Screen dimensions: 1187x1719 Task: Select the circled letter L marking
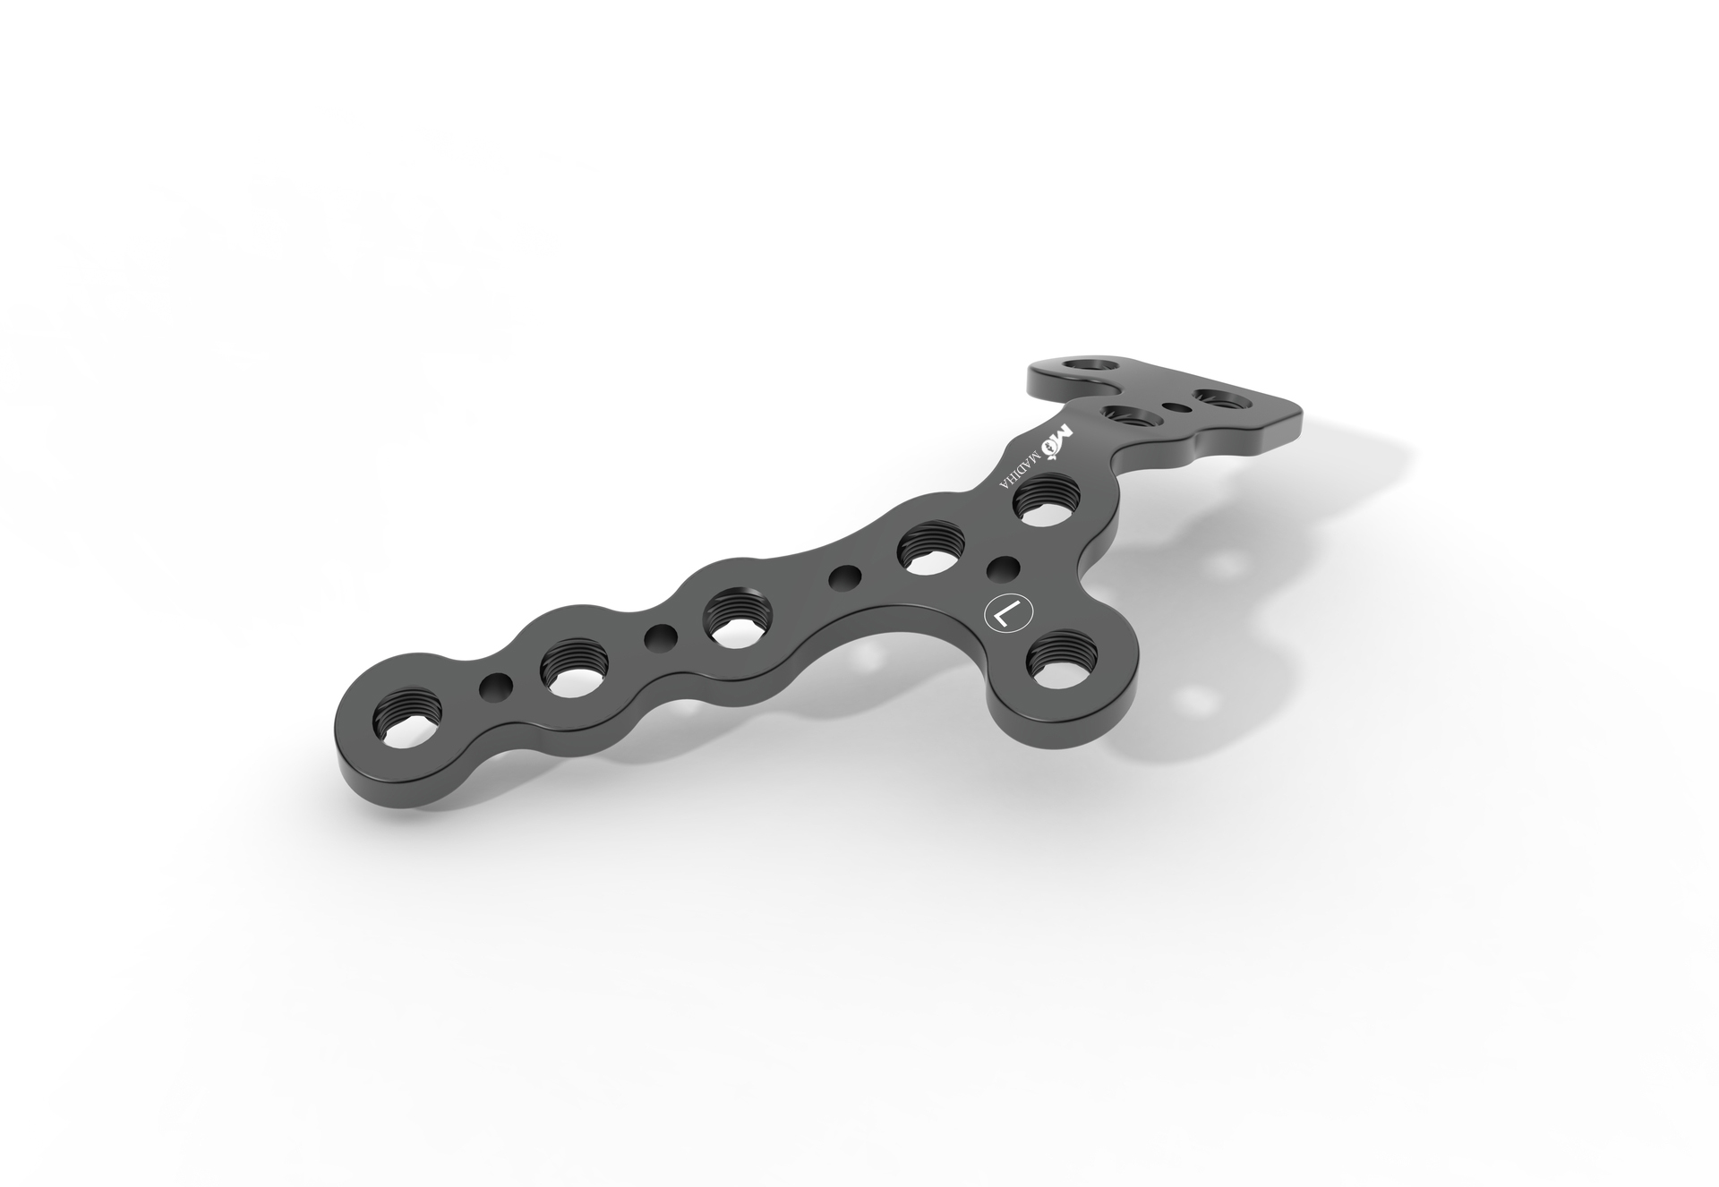[x=1007, y=614]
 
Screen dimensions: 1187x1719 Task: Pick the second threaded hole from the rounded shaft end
[x=573, y=668]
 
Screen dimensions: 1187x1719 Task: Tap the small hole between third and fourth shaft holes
[x=842, y=577]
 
